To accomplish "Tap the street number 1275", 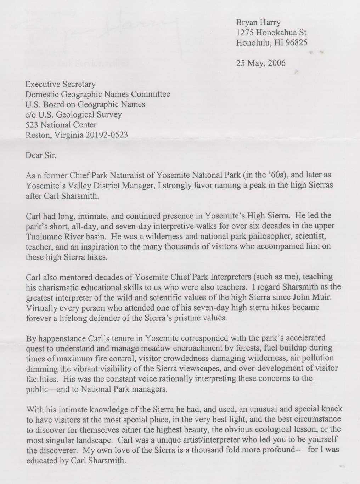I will tap(245, 33).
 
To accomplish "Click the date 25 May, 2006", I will tap(260, 63).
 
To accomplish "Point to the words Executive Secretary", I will tap(60, 84).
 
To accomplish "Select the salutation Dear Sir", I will tap(41, 155).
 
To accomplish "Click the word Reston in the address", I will tap(36, 135).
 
